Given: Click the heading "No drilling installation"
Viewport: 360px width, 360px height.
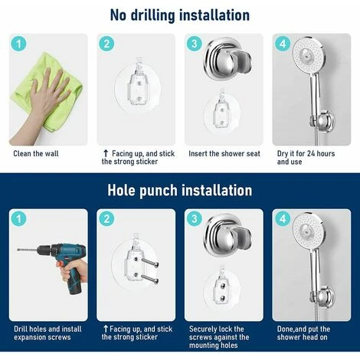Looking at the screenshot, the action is pyautogui.click(x=180, y=15).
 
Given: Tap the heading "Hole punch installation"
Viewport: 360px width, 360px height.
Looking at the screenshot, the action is pyautogui.click(x=180, y=190).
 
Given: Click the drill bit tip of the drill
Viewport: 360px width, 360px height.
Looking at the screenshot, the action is pyautogui.click(x=18, y=250).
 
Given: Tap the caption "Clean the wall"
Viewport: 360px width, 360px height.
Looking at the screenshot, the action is pyautogui.click(x=36, y=154).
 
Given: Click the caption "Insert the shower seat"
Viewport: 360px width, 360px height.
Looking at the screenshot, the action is pyautogui.click(x=224, y=154).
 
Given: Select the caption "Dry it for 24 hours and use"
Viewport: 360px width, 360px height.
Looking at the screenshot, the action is pyautogui.click(x=306, y=158).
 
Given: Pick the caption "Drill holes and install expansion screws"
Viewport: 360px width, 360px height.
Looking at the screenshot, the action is pyautogui.click(x=47, y=333).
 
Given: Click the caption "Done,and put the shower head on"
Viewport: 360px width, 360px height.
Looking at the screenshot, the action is pyautogui.click(x=303, y=333).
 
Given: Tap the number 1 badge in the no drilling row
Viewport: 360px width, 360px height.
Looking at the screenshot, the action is pyautogui.click(x=19, y=44).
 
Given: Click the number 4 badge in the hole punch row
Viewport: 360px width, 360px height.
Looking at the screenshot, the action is pyautogui.click(x=283, y=219).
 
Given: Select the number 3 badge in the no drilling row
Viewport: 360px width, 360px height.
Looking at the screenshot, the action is pyautogui.click(x=195, y=44).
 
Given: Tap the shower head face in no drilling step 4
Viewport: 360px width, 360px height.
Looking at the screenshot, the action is pyautogui.click(x=308, y=54).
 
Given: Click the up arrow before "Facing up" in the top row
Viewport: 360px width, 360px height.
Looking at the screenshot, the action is pyautogui.click(x=106, y=153).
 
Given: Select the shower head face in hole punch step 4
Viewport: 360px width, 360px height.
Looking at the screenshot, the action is pyautogui.click(x=308, y=230).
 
